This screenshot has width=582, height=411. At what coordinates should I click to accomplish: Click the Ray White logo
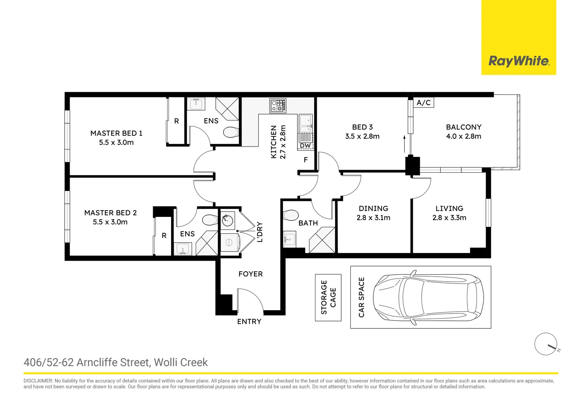point(518,61)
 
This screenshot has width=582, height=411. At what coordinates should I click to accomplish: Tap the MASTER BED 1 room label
point(116,133)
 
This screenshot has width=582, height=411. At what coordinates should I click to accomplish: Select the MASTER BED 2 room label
point(110,213)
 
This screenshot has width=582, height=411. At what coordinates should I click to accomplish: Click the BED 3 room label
point(362,127)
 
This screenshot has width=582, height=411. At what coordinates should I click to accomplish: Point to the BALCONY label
point(464,127)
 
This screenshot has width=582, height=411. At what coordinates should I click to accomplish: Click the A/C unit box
point(424,103)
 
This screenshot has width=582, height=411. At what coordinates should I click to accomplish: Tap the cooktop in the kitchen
point(278,105)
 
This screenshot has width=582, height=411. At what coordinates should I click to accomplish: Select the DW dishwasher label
point(305,146)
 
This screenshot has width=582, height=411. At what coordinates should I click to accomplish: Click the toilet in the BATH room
point(291,215)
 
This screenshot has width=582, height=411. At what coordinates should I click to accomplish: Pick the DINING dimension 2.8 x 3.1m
point(373,218)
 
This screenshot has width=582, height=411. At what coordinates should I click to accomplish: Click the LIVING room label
point(449,209)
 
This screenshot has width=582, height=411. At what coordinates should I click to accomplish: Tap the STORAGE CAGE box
point(328,297)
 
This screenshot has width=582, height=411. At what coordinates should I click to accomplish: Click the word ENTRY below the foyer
point(249,322)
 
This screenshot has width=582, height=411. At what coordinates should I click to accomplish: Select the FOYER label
point(250,274)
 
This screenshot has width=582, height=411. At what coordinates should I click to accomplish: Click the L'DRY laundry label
point(260,232)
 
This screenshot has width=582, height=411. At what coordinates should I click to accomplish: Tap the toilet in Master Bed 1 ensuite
point(230,132)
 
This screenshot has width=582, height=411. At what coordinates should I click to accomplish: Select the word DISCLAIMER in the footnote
point(38,381)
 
